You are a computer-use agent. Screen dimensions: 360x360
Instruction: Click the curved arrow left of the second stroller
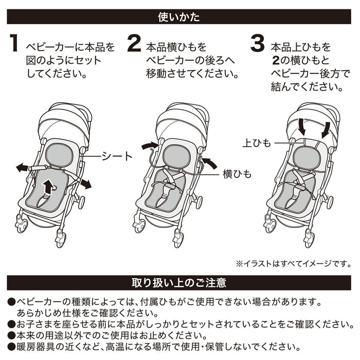pos(150,147)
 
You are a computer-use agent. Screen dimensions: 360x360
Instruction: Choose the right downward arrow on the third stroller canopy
pos(326,129)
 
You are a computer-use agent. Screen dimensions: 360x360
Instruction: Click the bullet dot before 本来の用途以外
pos(11,335)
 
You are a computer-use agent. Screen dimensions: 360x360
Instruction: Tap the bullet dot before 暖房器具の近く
pos(11,347)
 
